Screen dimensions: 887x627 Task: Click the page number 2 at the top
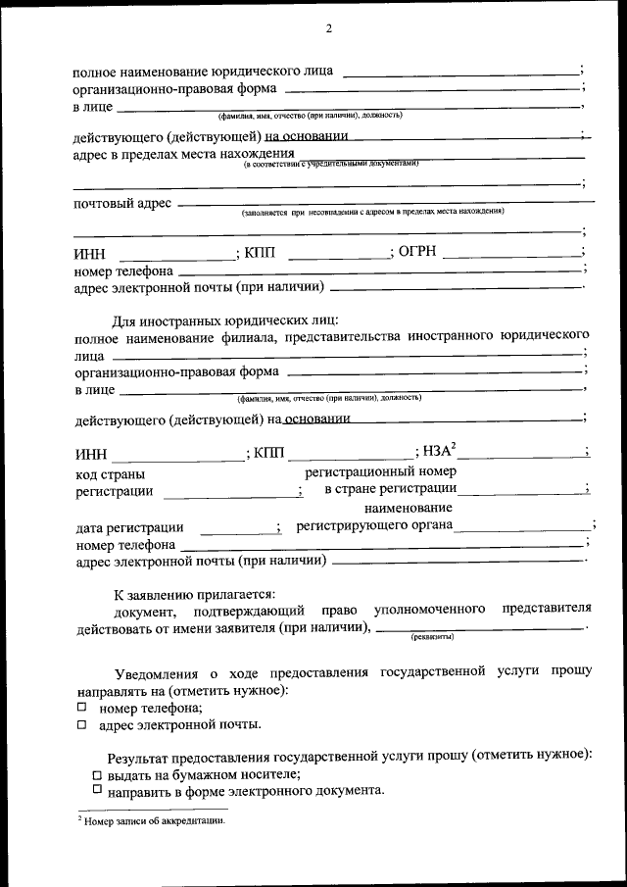[329, 28]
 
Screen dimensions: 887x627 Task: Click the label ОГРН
[420, 252]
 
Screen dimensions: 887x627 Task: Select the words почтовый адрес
[122, 203]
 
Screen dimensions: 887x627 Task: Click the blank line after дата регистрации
[240, 530]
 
